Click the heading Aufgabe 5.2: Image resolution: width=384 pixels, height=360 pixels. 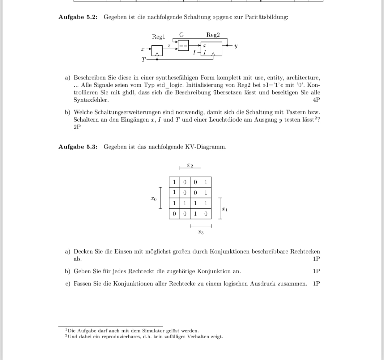click(78, 17)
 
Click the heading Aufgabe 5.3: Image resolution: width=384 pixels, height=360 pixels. click(78, 147)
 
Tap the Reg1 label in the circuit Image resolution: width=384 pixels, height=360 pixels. click(158, 37)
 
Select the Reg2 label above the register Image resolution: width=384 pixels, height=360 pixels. click(213, 35)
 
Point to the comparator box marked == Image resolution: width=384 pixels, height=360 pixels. click(183, 46)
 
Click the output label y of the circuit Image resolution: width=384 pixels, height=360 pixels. click(236, 46)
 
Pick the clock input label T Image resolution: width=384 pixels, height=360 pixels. click(143, 59)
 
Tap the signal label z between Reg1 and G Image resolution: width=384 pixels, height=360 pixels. click(169, 46)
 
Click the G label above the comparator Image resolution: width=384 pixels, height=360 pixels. click(182, 34)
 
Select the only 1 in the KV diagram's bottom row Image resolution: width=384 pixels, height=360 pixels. click(195, 214)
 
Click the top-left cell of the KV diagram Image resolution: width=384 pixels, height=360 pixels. click(174, 182)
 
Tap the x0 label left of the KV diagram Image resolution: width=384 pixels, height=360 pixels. click(154, 198)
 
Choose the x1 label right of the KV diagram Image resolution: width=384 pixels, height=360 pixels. click(225, 209)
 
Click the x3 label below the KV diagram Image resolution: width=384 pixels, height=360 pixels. click(200, 232)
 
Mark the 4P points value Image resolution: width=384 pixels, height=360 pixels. click(316, 100)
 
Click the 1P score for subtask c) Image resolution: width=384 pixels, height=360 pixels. click(316, 284)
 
